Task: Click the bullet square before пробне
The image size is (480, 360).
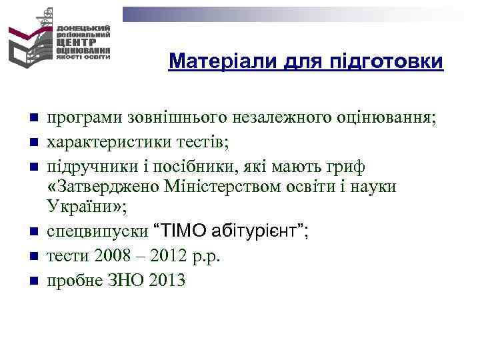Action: [32, 281]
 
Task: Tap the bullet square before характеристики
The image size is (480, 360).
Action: [32, 142]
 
